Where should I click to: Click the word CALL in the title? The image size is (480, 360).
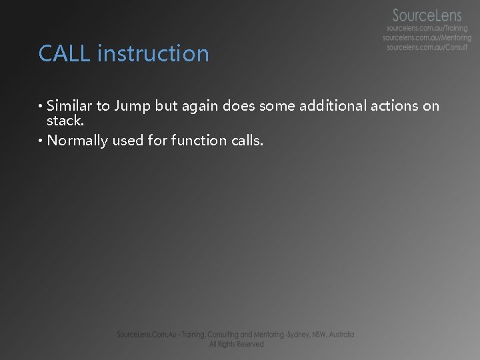pos(65,53)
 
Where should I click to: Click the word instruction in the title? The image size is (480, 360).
pos(153,53)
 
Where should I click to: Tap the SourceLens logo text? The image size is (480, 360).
pos(427,15)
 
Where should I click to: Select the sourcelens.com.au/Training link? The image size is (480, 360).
pos(428,29)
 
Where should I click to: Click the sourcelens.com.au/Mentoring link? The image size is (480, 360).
pos(427,38)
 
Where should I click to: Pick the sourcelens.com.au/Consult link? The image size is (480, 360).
pos(427,48)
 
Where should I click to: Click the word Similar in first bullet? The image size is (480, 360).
pos(71,105)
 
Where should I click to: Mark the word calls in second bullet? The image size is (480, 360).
pos(245,140)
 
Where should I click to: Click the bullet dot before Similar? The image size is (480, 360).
pos(41,106)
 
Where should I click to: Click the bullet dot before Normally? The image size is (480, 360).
pos(41,141)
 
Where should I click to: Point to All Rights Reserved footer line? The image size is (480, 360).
pos(236,344)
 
